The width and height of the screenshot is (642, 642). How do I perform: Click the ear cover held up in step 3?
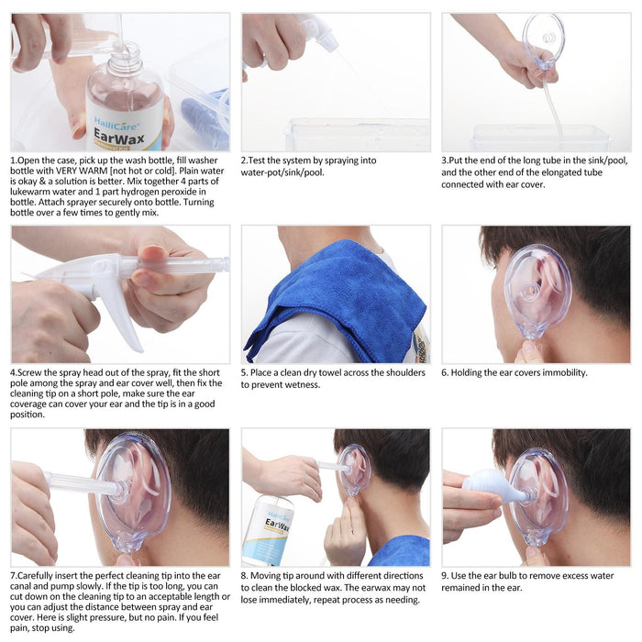tap(543, 41)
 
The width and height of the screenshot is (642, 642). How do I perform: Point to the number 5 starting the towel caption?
tap(244, 373)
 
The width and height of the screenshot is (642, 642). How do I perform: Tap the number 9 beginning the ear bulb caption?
tap(445, 575)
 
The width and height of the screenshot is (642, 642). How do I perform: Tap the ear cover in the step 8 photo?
tap(354, 469)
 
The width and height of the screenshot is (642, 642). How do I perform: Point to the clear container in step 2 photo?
tap(358, 135)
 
